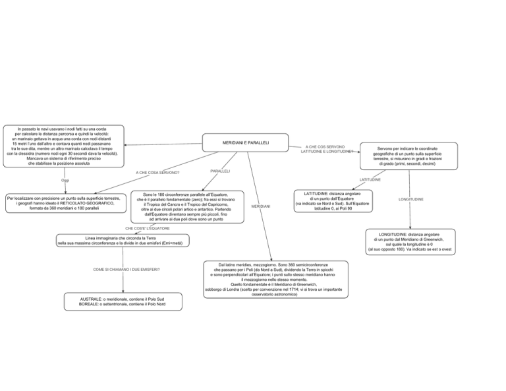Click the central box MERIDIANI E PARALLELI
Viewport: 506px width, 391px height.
coord(245,142)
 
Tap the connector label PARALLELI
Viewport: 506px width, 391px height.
coord(220,171)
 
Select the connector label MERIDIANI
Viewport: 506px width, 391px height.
coord(261,206)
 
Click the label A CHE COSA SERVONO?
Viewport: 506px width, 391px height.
coord(157,173)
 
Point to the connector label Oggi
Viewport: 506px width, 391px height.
coord(65,180)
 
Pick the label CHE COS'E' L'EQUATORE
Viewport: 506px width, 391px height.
coord(148,229)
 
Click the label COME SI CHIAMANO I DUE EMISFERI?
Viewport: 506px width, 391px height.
coord(126,270)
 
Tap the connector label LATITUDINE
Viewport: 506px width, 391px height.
coord(370,180)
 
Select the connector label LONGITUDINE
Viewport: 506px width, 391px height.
coord(411,200)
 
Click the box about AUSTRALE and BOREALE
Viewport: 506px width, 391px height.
coord(123,302)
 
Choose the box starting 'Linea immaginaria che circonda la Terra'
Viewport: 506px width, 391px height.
coord(123,241)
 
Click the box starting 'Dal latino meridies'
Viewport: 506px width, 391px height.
coord(276,280)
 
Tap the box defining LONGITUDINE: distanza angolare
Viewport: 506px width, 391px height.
coord(410,242)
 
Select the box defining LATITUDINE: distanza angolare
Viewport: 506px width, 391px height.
coord(333,201)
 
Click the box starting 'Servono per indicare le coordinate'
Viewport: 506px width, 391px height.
coord(409,156)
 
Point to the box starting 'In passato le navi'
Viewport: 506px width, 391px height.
coord(63,146)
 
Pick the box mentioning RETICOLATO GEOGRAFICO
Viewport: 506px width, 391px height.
coord(66,203)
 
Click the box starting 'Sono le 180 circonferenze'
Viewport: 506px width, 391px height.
coord(188,207)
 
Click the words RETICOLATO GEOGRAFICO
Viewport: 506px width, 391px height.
coord(87,203)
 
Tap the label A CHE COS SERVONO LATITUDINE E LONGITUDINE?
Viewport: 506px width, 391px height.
coord(326,149)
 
